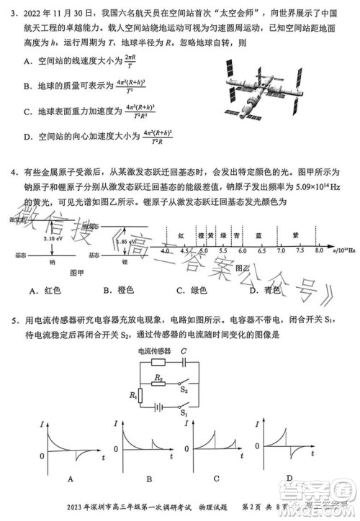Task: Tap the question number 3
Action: [x=14, y=12]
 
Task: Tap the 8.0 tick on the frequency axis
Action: [x=318, y=251]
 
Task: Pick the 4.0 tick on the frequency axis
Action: [x=165, y=251]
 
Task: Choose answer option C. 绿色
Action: [x=192, y=290]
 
